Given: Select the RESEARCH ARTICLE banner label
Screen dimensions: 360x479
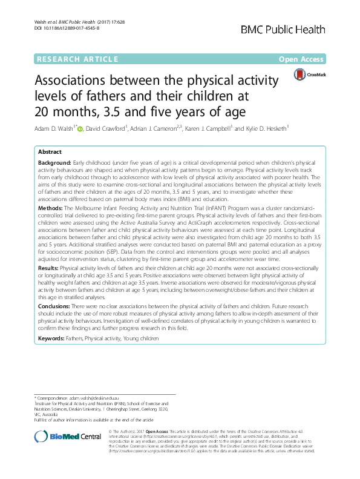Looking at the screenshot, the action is coord(77,59).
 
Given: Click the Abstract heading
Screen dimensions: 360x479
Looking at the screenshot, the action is coord(50,153).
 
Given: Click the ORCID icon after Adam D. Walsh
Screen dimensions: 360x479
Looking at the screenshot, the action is coord(81,128).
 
